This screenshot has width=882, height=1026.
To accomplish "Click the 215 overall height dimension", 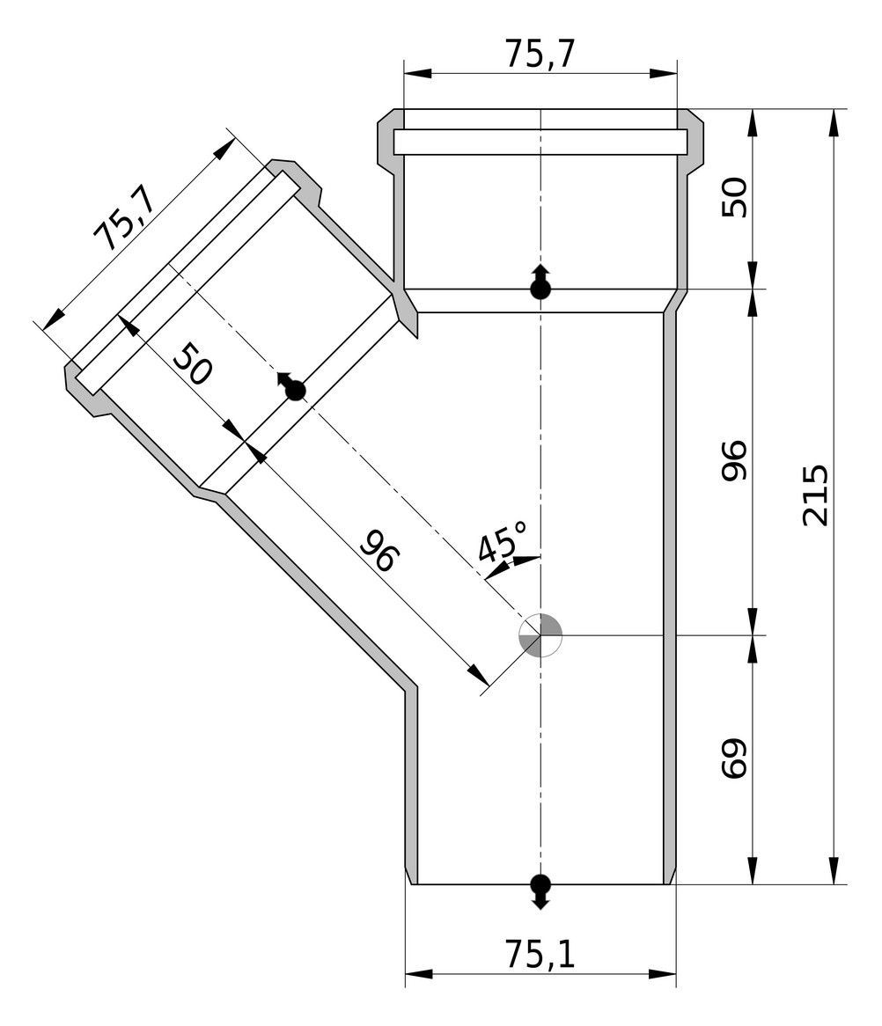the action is click(816, 495).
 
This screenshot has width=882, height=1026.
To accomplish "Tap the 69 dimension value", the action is click(734, 759).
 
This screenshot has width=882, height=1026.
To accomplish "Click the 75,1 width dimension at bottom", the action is click(540, 954).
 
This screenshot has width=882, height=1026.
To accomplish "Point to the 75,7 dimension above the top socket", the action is click(540, 54).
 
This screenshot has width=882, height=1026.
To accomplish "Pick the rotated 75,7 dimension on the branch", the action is click(123, 218).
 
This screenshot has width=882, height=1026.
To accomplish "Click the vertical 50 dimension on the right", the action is click(734, 197).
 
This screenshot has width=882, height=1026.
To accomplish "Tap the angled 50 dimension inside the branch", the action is click(192, 363).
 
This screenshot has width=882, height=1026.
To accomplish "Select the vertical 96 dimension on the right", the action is click(734, 461).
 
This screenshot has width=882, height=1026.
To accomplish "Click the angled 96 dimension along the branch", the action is click(379, 551).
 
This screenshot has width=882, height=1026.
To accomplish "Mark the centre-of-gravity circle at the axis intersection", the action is click(540, 634).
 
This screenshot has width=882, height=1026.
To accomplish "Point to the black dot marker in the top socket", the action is click(540, 282).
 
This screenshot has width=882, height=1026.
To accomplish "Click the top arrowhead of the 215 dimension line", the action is click(834, 122).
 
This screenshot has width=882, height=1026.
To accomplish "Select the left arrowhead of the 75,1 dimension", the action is click(419, 974).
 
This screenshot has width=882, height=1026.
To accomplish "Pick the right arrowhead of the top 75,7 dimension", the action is click(663, 73).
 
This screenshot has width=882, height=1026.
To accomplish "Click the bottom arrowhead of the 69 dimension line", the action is click(753, 869).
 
